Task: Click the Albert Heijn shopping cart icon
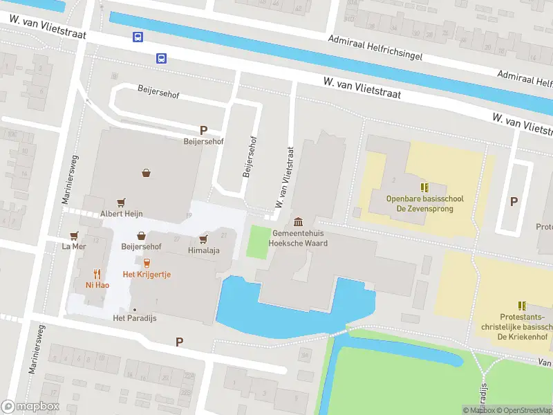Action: click(x=122, y=202)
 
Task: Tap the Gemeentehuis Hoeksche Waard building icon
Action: click(x=298, y=221)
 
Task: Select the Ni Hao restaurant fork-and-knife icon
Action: click(x=97, y=273)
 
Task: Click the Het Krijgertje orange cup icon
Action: click(x=147, y=263)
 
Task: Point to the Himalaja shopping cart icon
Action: click(x=203, y=239)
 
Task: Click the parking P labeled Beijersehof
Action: click(x=203, y=129)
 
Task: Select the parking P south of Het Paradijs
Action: click(x=180, y=341)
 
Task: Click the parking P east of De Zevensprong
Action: click(x=514, y=201)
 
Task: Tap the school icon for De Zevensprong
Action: click(x=424, y=187)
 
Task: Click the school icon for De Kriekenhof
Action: click(x=522, y=305)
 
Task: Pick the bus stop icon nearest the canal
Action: click(x=138, y=37)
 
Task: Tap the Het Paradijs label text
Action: click(x=131, y=319)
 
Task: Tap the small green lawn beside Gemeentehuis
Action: click(x=258, y=241)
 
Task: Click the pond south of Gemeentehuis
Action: click(x=238, y=304)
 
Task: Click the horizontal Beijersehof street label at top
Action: click(x=158, y=94)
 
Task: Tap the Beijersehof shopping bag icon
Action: click(x=141, y=235)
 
